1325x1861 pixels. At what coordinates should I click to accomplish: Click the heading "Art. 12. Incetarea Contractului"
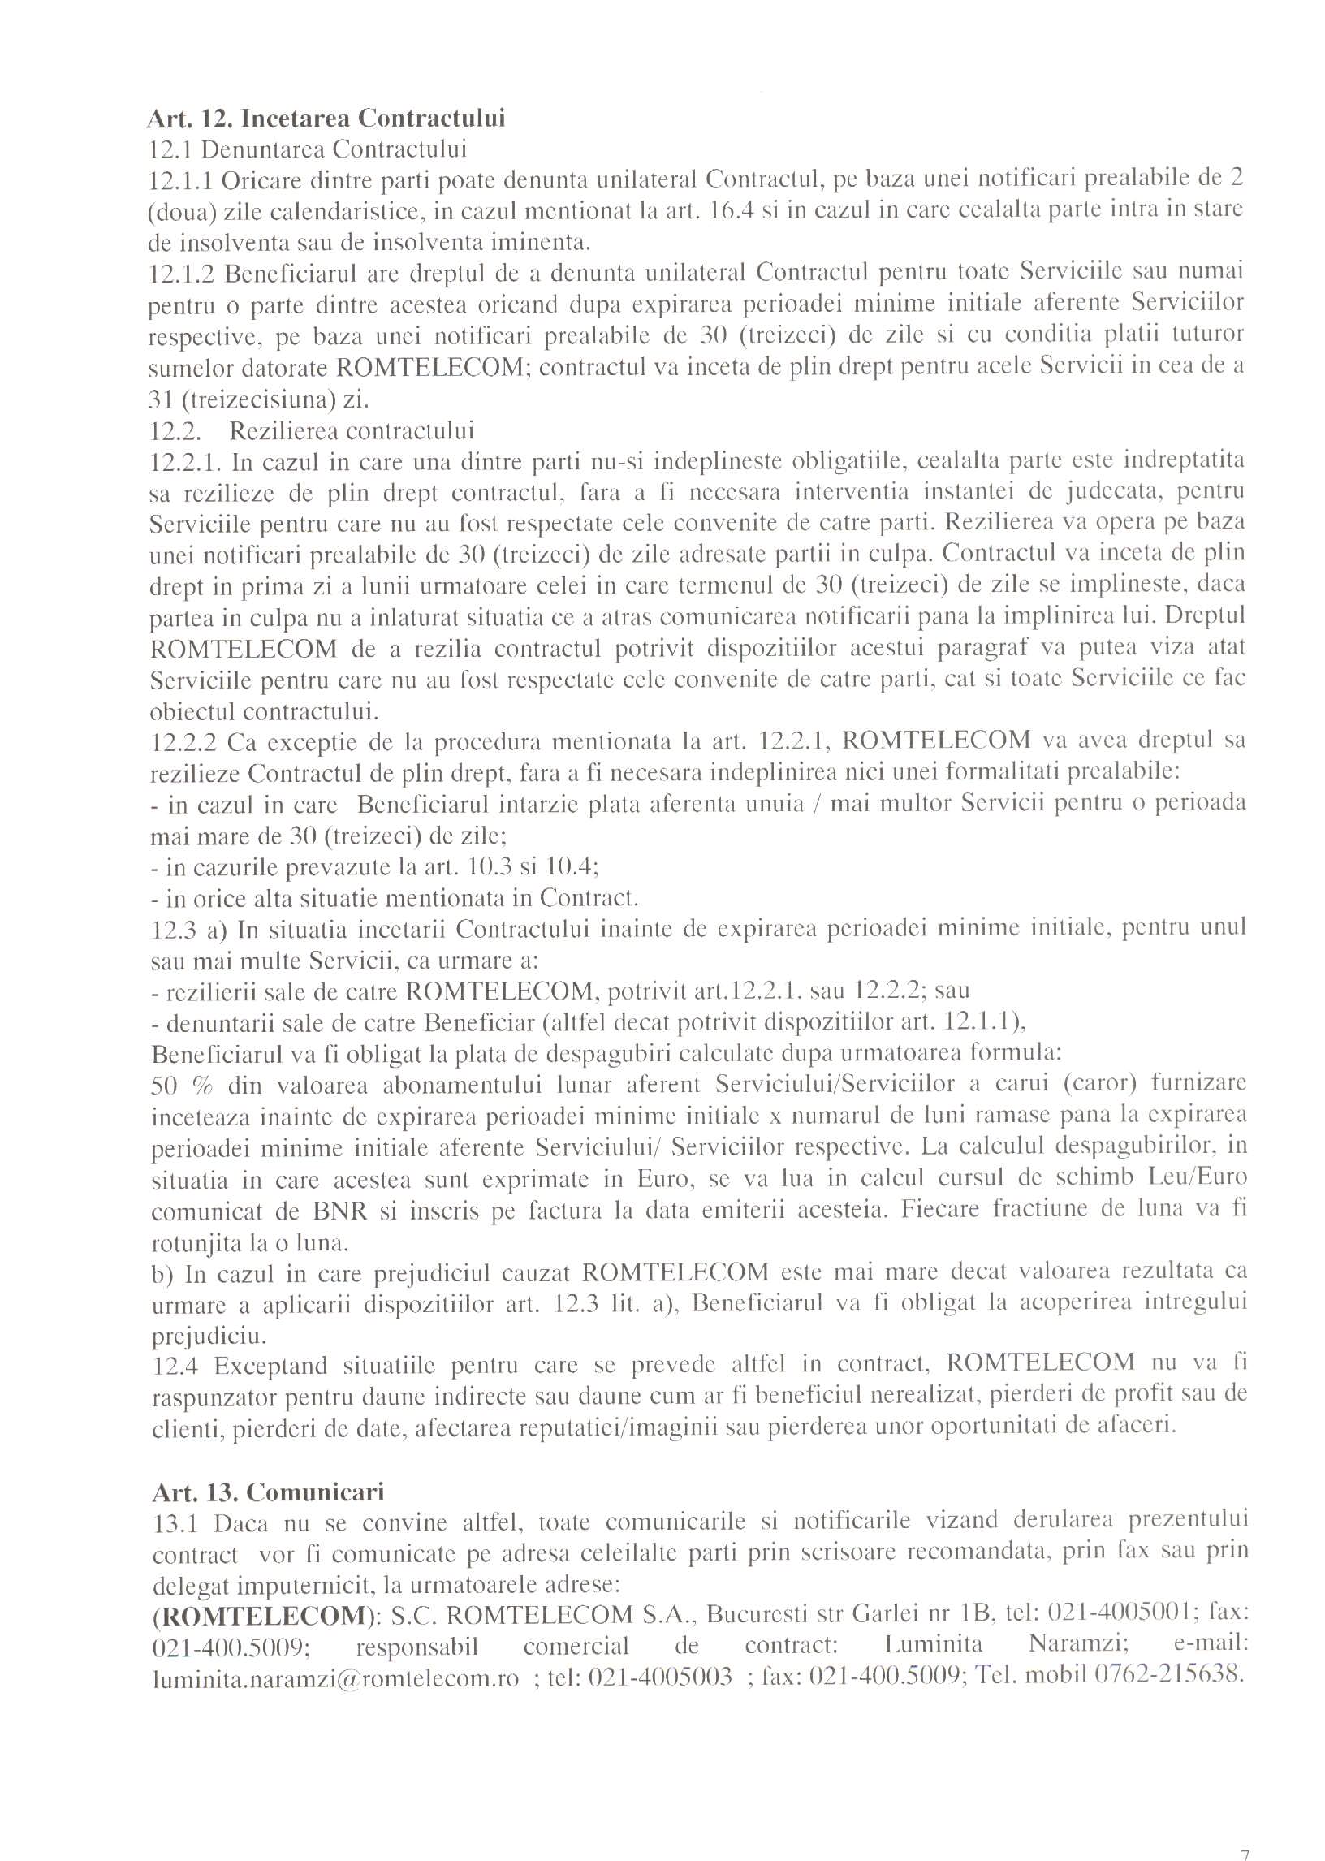[x=326, y=119]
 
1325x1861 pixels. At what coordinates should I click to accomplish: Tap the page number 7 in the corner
[x=1245, y=1832]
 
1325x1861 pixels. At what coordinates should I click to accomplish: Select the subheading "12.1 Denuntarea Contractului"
[x=308, y=150]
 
